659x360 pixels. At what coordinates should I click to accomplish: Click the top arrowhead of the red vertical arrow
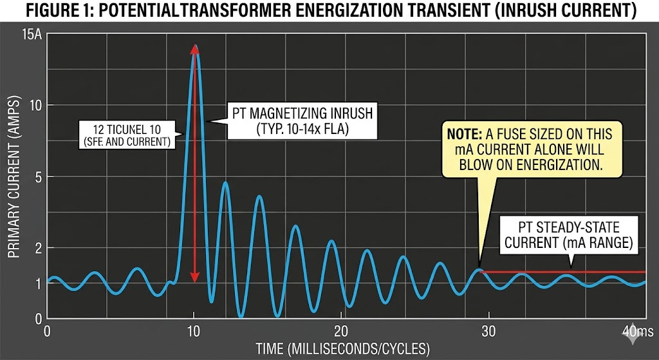tap(195, 49)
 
